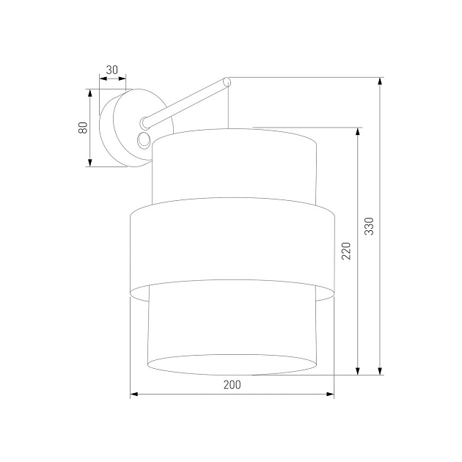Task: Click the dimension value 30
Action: [111, 70]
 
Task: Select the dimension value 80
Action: [84, 127]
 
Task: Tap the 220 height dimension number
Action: [347, 252]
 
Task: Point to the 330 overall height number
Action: [370, 227]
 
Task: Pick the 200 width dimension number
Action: [232, 384]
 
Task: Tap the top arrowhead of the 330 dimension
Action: [380, 81]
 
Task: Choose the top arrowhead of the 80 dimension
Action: [89, 93]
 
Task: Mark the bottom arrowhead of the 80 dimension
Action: [89, 162]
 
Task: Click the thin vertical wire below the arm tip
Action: [229, 106]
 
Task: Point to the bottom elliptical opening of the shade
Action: [232, 364]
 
